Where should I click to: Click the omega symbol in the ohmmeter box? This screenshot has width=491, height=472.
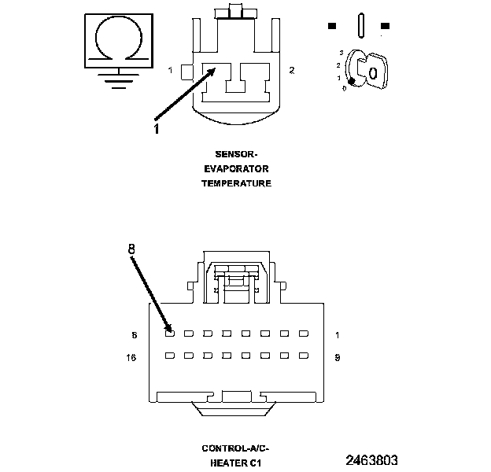119,37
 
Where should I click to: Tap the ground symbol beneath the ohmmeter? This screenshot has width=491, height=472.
119,79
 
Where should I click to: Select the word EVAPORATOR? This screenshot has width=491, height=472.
236,169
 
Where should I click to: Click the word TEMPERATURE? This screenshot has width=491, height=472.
236,183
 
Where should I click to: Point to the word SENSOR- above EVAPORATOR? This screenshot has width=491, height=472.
236,155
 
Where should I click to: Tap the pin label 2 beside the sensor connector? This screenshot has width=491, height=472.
291,71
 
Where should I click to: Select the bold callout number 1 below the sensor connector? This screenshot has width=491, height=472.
156,129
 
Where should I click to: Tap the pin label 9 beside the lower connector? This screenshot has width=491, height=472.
337,357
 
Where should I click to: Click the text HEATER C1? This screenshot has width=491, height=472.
235,463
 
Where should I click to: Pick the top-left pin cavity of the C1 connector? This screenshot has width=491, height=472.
170,334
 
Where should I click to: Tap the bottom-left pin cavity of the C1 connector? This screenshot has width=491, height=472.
170,356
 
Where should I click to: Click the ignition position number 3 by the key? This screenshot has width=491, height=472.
340,51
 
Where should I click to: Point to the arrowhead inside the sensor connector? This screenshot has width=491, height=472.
213,70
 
